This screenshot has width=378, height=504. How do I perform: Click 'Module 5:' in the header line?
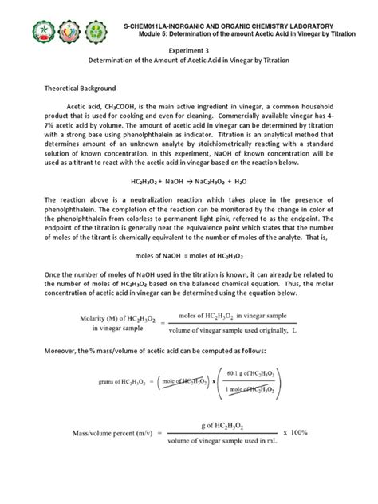tap(148, 33)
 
